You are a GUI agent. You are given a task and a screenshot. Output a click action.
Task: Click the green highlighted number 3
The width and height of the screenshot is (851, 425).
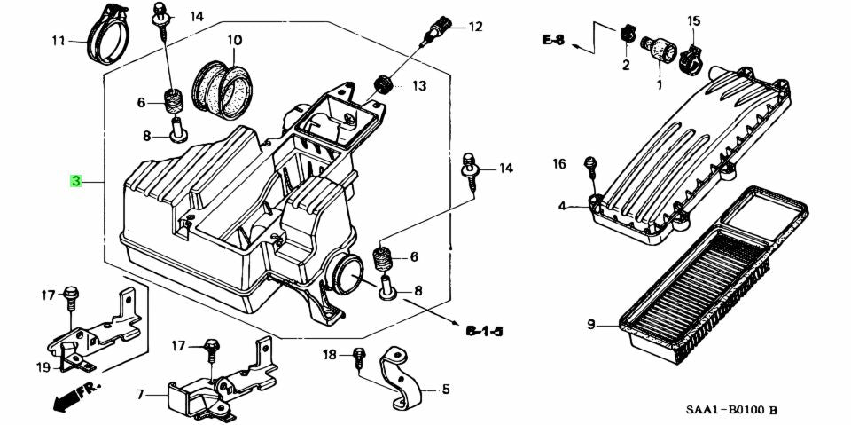[76, 182]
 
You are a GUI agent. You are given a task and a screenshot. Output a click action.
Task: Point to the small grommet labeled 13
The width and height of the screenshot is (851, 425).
[384, 83]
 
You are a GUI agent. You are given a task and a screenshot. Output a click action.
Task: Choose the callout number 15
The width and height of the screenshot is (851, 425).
[694, 20]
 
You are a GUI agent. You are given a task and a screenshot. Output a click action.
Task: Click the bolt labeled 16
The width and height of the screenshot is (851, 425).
[588, 165]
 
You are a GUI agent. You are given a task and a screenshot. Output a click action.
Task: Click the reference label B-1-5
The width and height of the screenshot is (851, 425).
[484, 331]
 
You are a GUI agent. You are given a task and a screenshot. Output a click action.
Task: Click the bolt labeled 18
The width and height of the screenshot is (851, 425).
[358, 357]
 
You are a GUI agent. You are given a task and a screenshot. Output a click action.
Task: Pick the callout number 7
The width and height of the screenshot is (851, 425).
[140, 394]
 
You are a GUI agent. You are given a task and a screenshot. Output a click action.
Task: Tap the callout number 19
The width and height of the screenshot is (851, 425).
[43, 367]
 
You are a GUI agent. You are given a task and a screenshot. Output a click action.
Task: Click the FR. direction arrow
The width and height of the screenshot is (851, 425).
[76, 396]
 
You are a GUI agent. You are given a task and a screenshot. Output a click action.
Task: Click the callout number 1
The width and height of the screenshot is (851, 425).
[659, 85]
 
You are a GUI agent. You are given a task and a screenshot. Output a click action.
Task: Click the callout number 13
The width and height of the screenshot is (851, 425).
[418, 86]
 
